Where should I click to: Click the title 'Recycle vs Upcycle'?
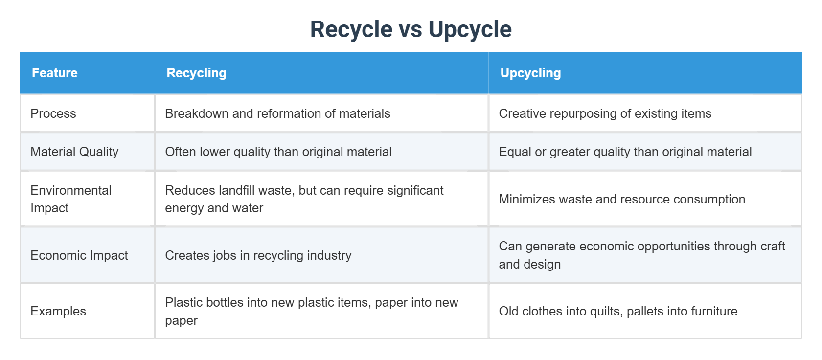point(411,29)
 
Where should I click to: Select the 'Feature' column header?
point(55,73)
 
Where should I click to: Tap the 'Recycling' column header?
point(196,73)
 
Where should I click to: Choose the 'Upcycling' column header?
point(530,73)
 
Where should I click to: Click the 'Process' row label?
point(53,113)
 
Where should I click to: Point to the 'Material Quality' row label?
point(74,152)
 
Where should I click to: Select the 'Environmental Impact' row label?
point(71,199)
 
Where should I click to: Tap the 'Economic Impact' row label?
point(79,255)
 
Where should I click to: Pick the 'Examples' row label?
point(58,311)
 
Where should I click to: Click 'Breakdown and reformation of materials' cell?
point(277,113)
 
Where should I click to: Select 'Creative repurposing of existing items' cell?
point(605,113)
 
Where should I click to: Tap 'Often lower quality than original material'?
point(278,152)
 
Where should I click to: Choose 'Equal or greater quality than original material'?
point(625,152)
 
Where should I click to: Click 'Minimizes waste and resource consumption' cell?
point(622,199)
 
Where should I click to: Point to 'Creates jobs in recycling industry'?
point(258,255)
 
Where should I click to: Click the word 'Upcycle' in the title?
point(470,29)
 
